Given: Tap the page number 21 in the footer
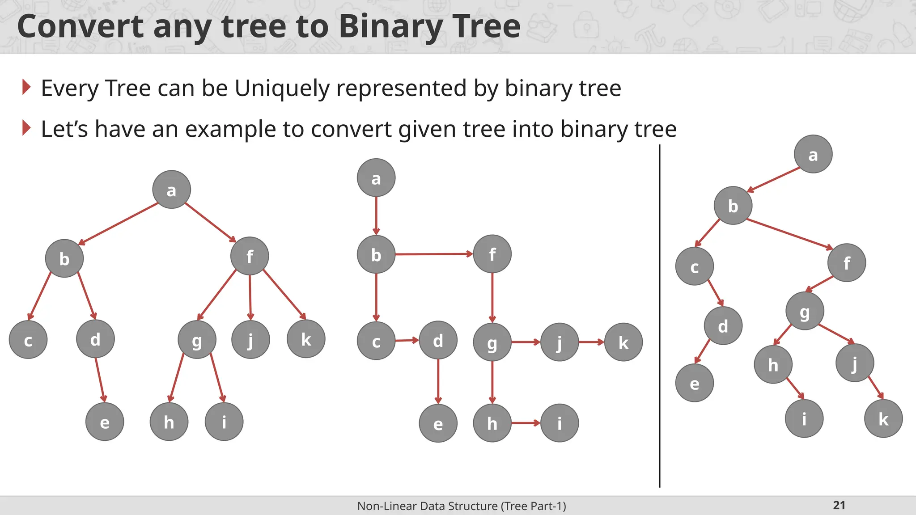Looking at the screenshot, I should tap(839, 505).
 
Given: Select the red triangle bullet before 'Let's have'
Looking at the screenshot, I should tap(26, 128).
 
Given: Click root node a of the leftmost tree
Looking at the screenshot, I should tap(171, 190).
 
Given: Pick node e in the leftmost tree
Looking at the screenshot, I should tap(105, 422).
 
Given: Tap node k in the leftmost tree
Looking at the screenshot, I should tap(306, 339).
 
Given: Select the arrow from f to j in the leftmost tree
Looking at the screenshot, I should tap(250, 297).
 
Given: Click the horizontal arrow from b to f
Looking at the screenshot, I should tap(434, 254).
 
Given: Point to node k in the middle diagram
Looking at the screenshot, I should tap(623, 342).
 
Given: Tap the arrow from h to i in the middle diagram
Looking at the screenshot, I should tap(526, 423).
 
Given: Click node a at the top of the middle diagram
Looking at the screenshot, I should tap(376, 178).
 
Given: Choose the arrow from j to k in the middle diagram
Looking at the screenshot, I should tap(591, 342).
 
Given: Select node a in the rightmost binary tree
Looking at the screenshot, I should tap(813, 154).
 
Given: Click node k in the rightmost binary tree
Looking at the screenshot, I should tap(883, 419).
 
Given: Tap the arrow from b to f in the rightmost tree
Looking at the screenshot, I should tap(789, 234).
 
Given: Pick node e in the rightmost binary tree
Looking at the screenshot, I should tap(694, 383).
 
